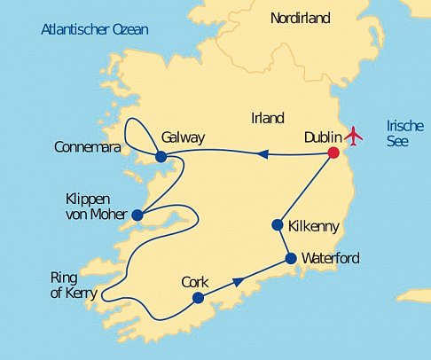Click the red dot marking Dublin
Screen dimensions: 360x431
pyautogui.click(x=333, y=153)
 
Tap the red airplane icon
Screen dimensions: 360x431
pyautogui.click(x=356, y=136)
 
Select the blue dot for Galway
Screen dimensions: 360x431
pyautogui.click(x=161, y=157)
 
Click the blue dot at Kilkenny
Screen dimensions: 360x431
pyautogui.click(x=277, y=225)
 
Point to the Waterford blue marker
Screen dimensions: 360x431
pyautogui.click(x=291, y=259)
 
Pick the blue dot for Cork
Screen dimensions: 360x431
pyautogui.click(x=198, y=298)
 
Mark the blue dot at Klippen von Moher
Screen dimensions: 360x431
pyautogui.click(x=137, y=215)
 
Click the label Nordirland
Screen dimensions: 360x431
pyautogui.click(x=300, y=18)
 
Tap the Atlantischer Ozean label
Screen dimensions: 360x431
pyautogui.click(x=95, y=30)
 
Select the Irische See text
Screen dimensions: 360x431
pyautogui.click(x=401, y=133)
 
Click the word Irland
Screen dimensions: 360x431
pyautogui.click(x=267, y=118)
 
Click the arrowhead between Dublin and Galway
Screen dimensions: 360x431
pyautogui.click(x=262, y=154)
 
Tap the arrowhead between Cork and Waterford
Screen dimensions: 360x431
pyautogui.click(x=238, y=282)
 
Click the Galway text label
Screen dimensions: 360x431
pyautogui.click(x=184, y=137)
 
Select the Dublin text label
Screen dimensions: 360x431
pyautogui.click(x=322, y=137)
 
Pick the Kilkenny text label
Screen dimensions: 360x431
pyautogui.click(x=314, y=227)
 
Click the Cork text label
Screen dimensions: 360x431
pyautogui.click(x=194, y=281)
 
